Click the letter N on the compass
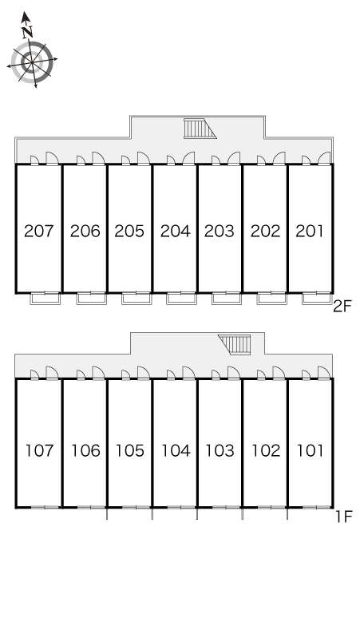pyautogui.click(x=27, y=32)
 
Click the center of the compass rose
pyautogui.click(x=31, y=61)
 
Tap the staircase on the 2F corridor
pyautogui.click(x=200, y=129)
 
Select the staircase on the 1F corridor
pyautogui.click(x=235, y=345)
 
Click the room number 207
pyautogui.click(x=38, y=231)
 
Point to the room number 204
pyautogui.click(x=176, y=231)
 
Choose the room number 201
pyautogui.click(x=310, y=231)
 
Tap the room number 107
pyautogui.click(x=39, y=450)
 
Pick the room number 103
pyautogui.click(x=220, y=450)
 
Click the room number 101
pyautogui.click(x=310, y=450)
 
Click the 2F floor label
pyautogui.click(x=342, y=307)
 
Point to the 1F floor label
pyautogui.click(x=343, y=517)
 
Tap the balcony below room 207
pyautogui.click(x=45, y=299)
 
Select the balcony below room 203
pyautogui.click(x=227, y=299)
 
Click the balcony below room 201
pyautogui.click(x=317, y=299)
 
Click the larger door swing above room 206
pyautogui.click(x=98, y=158)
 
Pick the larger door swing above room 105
pyautogui.click(x=144, y=373)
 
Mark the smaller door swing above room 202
pyautogui.click(x=261, y=160)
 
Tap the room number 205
pyautogui.click(x=129, y=231)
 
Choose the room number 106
pyautogui.click(x=85, y=450)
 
